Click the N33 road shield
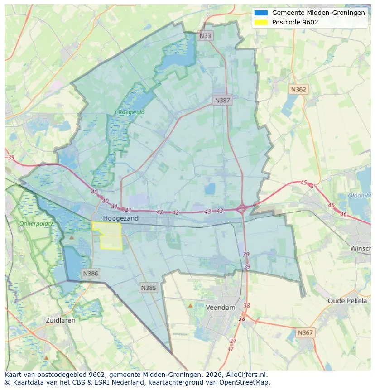[205, 35]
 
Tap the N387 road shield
[222, 100]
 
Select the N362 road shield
[298, 89]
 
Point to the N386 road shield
[90, 274]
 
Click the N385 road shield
[149, 288]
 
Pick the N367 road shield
[305, 332]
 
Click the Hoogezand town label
[120, 218]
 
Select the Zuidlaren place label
[61, 320]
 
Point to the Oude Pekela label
[347, 301]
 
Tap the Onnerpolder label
[36, 224]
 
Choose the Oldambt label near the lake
[359, 196]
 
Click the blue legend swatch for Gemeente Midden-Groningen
[261, 13]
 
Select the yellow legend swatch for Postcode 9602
[261, 22]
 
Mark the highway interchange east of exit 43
[242, 209]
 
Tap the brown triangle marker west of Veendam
[190, 305]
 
